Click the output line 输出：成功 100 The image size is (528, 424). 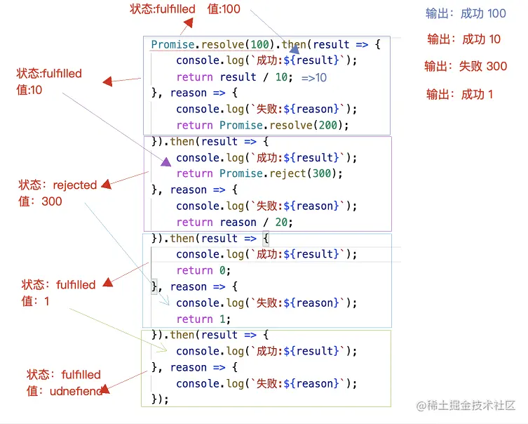pos(466,13)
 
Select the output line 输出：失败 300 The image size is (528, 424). pos(466,67)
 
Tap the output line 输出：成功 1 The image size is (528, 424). pos(460,94)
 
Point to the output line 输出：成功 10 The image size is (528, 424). pos(463,39)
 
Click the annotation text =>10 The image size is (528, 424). pos(314,77)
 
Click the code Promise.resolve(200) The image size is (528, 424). pos(284,125)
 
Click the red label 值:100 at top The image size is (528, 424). pos(224,9)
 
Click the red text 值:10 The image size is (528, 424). pos(29,91)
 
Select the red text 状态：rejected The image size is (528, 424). pos(58,185)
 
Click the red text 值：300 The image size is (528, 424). pos(41,201)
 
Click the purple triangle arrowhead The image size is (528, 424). pos(165,161)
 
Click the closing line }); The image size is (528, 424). pos(161,399)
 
